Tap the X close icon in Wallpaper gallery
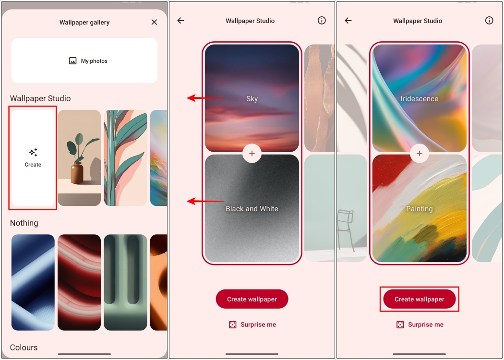click(x=154, y=22)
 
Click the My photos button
click(x=84, y=61)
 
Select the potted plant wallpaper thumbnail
click(x=79, y=158)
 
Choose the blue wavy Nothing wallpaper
click(x=33, y=282)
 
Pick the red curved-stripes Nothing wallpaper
click(x=79, y=282)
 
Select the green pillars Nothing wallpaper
click(x=125, y=282)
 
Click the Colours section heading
click(x=24, y=348)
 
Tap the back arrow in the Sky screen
click(x=180, y=21)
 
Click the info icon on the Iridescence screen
click(x=489, y=21)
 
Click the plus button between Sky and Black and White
click(x=252, y=154)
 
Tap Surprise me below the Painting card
click(x=420, y=324)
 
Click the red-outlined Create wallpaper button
click(x=420, y=299)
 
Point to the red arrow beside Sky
click(x=204, y=98)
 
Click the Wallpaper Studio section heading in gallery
click(x=40, y=98)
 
